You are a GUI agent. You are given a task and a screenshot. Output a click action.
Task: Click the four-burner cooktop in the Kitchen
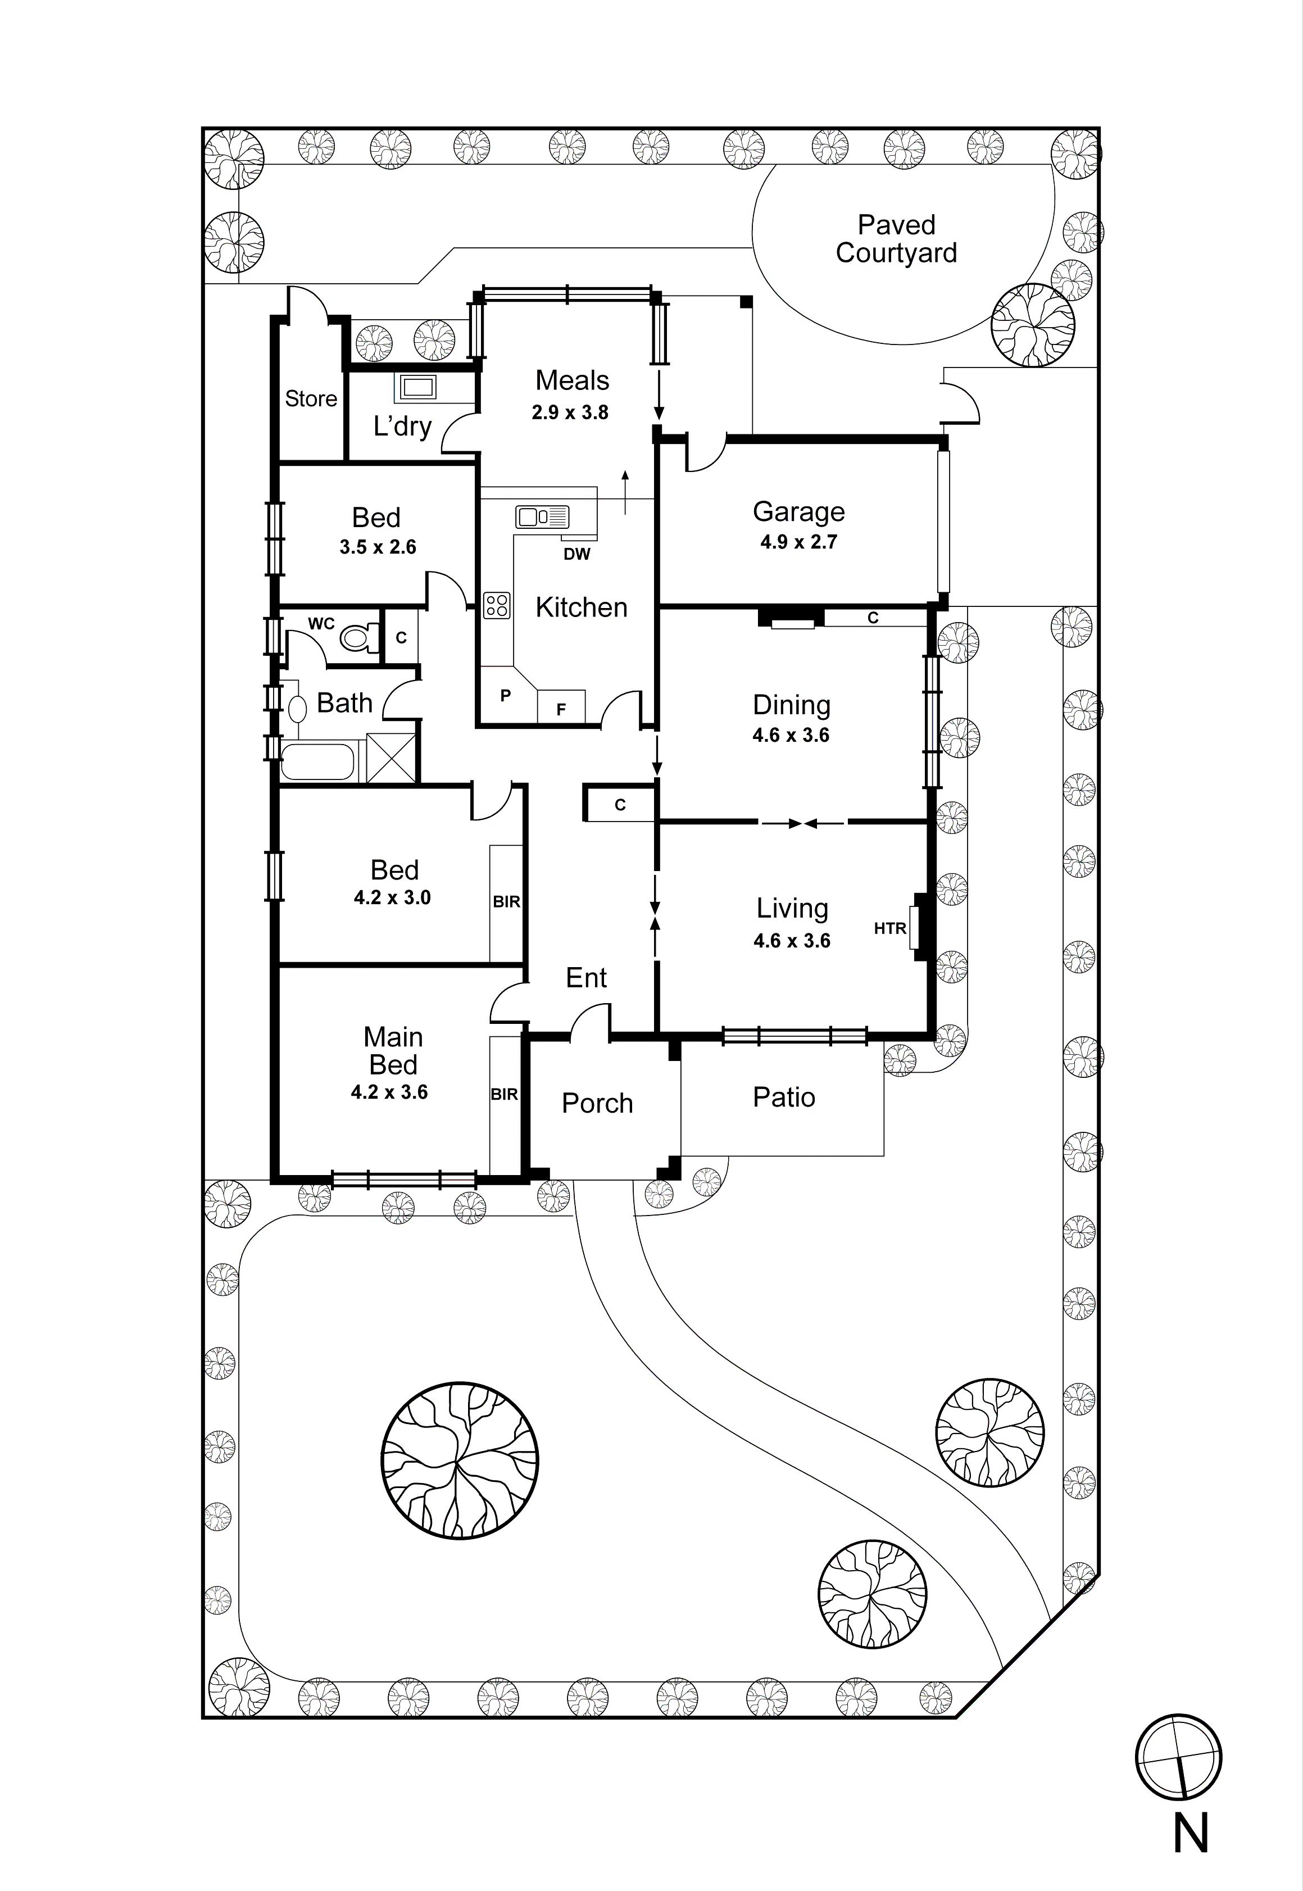coord(496,605)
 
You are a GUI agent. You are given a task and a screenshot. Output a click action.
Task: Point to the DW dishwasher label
coord(576,555)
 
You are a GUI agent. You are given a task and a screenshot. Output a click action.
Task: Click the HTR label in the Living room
coord(890,928)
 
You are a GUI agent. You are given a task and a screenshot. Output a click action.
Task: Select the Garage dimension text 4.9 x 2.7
coord(798,542)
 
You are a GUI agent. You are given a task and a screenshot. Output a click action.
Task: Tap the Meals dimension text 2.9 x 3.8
coord(570,412)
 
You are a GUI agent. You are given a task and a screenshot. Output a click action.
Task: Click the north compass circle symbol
coord(1178,1756)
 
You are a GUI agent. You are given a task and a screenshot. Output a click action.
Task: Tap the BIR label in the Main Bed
coord(505,1094)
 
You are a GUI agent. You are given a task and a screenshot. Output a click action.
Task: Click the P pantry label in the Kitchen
coord(505,696)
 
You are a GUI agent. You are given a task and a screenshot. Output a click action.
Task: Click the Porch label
coord(597,1103)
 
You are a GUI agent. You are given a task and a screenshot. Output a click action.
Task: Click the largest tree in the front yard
coord(460,1461)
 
